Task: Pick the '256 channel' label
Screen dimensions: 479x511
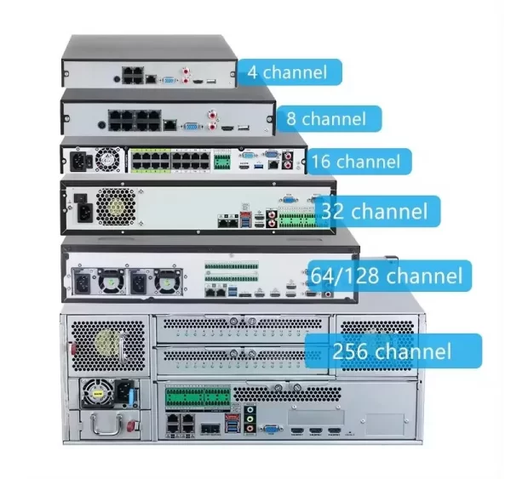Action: point(394,350)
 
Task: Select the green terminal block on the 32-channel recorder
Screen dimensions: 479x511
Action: point(295,218)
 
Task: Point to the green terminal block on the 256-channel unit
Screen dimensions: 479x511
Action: point(198,396)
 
